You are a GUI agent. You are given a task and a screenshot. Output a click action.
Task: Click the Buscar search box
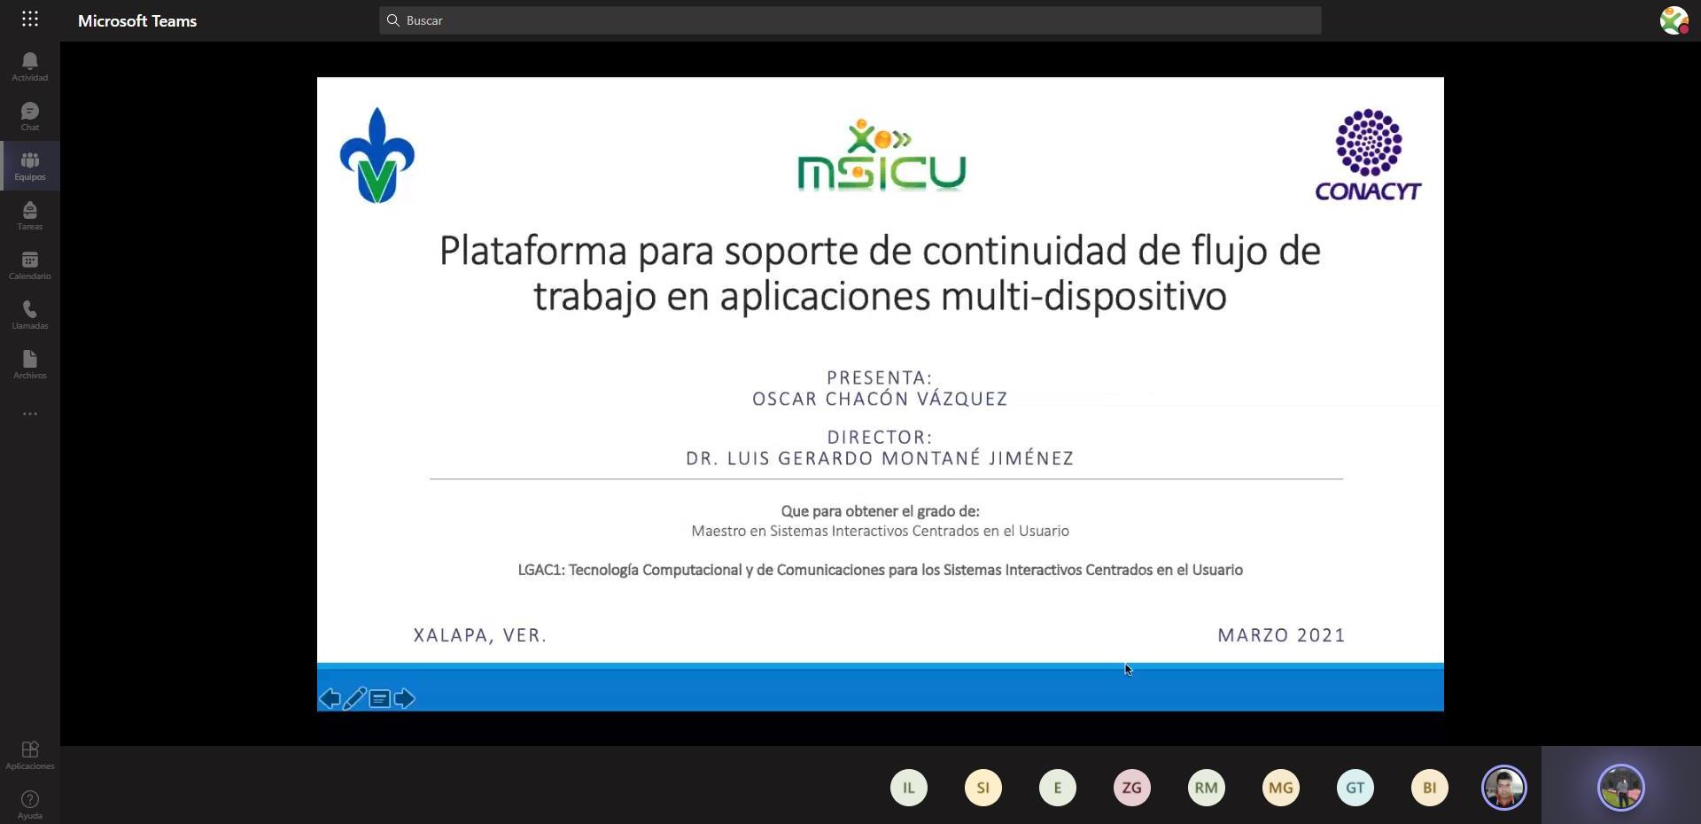[x=850, y=20]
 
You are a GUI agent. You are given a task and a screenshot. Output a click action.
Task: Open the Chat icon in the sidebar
[x=30, y=111]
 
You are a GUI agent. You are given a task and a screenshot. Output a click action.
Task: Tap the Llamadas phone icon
[x=30, y=309]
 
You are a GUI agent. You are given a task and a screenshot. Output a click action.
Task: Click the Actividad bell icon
[x=30, y=61]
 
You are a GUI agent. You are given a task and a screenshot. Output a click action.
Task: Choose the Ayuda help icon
[x=30, y=799]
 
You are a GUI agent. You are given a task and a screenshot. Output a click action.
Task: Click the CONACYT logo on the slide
[x=1368, y=155]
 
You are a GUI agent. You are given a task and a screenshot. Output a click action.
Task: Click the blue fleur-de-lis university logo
[x=377, y=156]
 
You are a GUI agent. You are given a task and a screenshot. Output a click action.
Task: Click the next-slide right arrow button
[x=405, y=699]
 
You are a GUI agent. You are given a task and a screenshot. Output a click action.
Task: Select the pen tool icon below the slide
[x=354, y=699]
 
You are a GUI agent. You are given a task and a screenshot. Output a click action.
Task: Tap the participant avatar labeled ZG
[x=1131, y=788]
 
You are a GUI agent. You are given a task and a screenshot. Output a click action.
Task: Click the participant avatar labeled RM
[x=1206, y=788]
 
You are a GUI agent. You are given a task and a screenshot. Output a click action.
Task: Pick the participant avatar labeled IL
[x=908, y=788]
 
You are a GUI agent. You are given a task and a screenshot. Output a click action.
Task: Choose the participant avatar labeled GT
[x=1355, y=788]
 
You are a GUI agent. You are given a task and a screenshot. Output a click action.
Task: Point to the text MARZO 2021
[x=1281, y=635]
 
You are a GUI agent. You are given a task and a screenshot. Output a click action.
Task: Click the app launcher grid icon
[x=30, y=19]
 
